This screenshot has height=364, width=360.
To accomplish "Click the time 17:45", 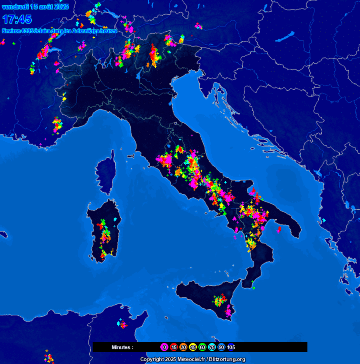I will (17, 19).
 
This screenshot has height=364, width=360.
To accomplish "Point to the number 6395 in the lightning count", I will (27, 31).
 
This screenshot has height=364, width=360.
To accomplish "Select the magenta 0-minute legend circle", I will (164, 347).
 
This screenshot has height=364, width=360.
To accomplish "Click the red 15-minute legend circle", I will (174, 347).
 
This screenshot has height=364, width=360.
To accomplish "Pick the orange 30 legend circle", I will (183, 347).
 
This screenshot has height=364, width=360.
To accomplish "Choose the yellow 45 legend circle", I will (193, 347).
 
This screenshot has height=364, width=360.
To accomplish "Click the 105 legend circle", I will (231, 347).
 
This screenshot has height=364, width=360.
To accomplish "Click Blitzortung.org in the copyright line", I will (227, 359).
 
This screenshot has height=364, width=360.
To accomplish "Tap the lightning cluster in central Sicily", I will (219, 301).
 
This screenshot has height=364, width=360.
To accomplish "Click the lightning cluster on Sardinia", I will (104, 235).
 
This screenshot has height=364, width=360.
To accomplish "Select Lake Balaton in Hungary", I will (285, 37).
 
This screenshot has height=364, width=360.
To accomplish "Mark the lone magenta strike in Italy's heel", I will (279, 230).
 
